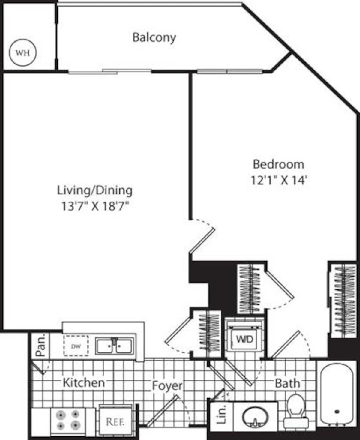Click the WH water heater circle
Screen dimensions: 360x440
(22, 53)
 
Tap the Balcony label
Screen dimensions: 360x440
(154, 38)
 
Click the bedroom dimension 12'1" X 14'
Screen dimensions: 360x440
(279, 180)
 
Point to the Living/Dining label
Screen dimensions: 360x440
(95, 191)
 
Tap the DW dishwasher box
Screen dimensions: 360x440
(76, 346)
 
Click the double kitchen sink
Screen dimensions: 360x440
(114, 346)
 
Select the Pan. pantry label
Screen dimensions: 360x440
(40, 345)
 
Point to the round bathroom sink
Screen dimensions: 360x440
(255, 417)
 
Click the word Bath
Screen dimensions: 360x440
(288, 383)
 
